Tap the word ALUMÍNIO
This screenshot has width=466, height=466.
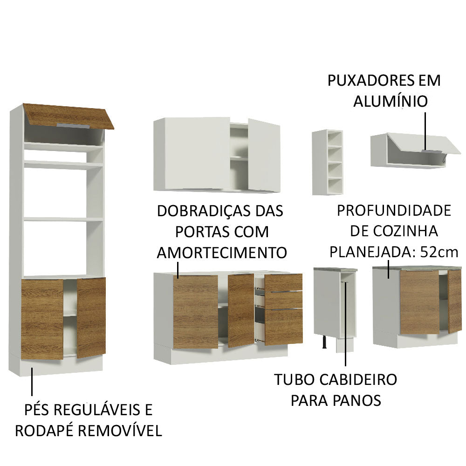[x=390, y=101]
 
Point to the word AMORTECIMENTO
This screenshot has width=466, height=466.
[x=221, y=253]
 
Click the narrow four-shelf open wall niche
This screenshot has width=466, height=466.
[x=328, y=162]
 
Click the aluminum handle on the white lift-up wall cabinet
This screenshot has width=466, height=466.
[x=431, y=151]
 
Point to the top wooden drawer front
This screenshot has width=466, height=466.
[x=283, y=282]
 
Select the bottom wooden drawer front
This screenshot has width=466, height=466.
[x=283, y=327]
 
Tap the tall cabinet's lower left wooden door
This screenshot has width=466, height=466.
[x=42, y=319]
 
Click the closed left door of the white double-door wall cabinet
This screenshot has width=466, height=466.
[x=192, y=153]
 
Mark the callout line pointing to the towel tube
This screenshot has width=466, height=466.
[x=345, y=326]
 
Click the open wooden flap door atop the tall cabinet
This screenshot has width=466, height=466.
[x=69, y=115]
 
